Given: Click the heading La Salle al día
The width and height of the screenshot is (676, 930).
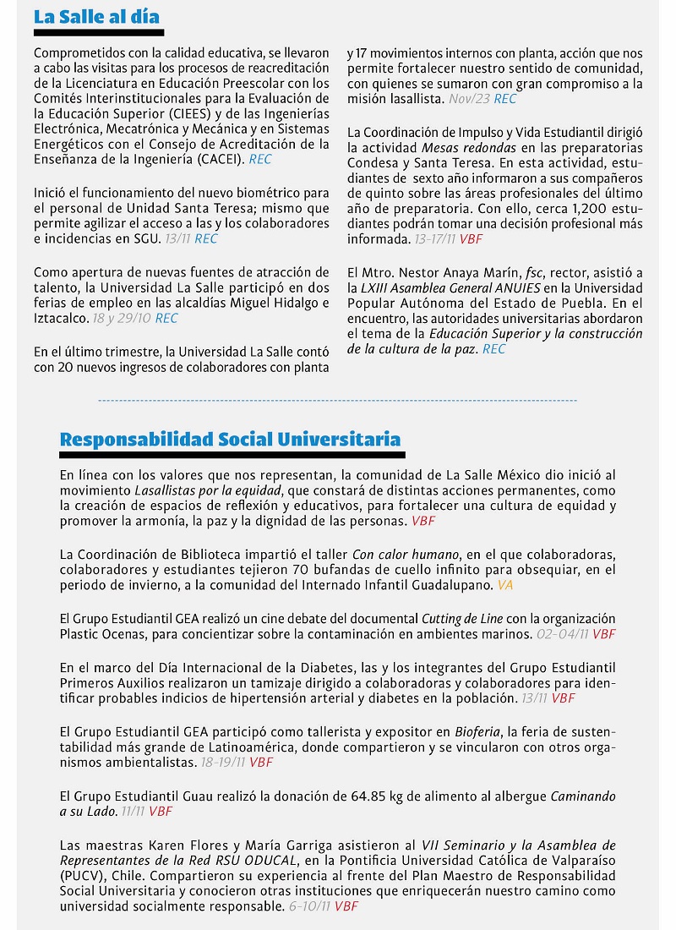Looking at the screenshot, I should click(x=96, y=17).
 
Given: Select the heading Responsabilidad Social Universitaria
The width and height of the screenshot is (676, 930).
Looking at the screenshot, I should click(x=230, y=440).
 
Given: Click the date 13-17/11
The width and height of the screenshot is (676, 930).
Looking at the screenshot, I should click(x=436, y=239).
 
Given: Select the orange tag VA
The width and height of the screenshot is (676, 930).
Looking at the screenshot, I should click(x=504, y=585).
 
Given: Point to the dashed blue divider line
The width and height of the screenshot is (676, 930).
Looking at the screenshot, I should click(x=338, y=400).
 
